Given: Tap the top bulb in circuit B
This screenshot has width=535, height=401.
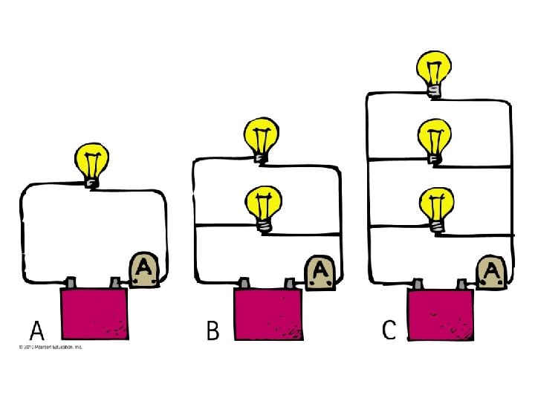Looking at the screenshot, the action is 260,139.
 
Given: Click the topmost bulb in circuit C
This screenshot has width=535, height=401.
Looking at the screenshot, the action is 434,71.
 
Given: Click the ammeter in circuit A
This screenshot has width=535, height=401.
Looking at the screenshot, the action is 143,270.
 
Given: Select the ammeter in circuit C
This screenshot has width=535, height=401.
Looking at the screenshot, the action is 490,273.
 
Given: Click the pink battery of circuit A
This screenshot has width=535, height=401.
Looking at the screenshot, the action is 95,316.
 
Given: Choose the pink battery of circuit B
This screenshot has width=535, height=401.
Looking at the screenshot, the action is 268,316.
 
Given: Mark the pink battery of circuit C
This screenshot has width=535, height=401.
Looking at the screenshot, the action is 441,316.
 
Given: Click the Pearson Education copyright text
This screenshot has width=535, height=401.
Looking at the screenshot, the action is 46,347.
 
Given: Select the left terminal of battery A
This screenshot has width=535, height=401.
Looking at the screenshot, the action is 72,283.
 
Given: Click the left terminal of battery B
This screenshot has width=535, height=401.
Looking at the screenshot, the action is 244,283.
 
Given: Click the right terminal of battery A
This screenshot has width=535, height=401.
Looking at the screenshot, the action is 115,283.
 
